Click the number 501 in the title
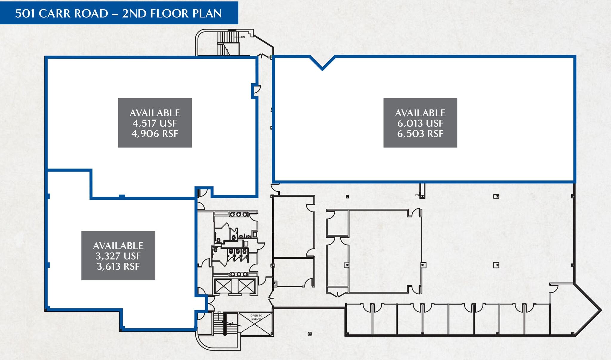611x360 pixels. coord(25,14)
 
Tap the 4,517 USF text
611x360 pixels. coord(155,123)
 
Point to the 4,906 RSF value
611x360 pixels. coord(155,134)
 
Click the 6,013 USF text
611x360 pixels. coord(420,123)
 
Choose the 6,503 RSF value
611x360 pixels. coord(420,134)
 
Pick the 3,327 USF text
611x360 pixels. coord(118,256)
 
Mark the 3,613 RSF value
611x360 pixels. coord(118,266)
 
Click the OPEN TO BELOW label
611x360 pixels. coord(256,317)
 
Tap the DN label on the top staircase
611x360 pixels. coord(243,37)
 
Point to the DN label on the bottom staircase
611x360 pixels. coord(219,312)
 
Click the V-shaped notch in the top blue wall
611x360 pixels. coord(322,69)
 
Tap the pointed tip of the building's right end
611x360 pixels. coord(601,310)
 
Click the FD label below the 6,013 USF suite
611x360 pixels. coord(417,195)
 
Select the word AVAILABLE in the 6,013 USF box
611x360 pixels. coord(420,113)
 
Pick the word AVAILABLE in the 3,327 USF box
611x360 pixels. coord(118,246)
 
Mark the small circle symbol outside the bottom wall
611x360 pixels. coord(310,334)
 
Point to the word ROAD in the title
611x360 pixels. coord(91,14)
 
